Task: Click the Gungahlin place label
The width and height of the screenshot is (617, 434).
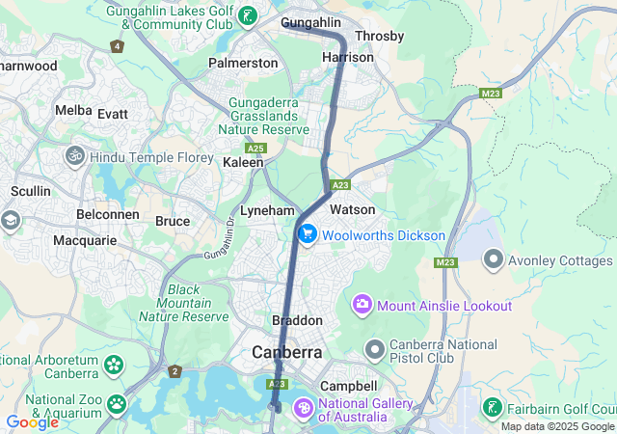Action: point(312,21)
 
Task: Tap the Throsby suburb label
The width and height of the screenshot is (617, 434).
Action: point(379,36)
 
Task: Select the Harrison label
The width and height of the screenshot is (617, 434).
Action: point(348,57)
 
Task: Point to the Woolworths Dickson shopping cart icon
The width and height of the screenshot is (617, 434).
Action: point(308,234)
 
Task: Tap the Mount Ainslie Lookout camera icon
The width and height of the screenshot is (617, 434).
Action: point(362,305)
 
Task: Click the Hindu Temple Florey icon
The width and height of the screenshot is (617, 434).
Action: point(75,155)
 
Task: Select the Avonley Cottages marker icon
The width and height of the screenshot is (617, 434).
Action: point(494,259)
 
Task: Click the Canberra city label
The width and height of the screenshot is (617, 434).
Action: point(287,353)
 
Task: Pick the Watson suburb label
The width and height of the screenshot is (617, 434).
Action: point(352,209)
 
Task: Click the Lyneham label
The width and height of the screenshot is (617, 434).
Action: point(267,209)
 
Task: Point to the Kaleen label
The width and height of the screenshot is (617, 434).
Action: point(243,163)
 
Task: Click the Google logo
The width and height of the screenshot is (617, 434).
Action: point(32,421)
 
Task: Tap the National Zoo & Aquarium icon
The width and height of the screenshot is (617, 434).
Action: point(117,403)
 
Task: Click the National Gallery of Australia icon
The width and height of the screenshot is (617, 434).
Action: point(303,409)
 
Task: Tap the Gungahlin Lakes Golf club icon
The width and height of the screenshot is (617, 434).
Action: point(249,14)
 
